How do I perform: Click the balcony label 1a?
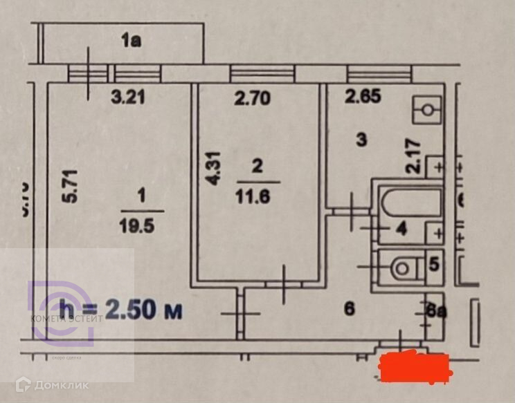click(x=131, y=41)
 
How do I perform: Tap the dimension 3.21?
click(x=128, y=97)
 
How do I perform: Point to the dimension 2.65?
click(x=363, y=97)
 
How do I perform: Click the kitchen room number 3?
click(x=361, y=140)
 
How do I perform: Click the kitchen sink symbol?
click(x=427, y=109)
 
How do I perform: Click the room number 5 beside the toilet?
click(x=433, y=264)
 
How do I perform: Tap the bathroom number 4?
click(x=401, y=229)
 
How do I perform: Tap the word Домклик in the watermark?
click(x=62, y=385)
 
